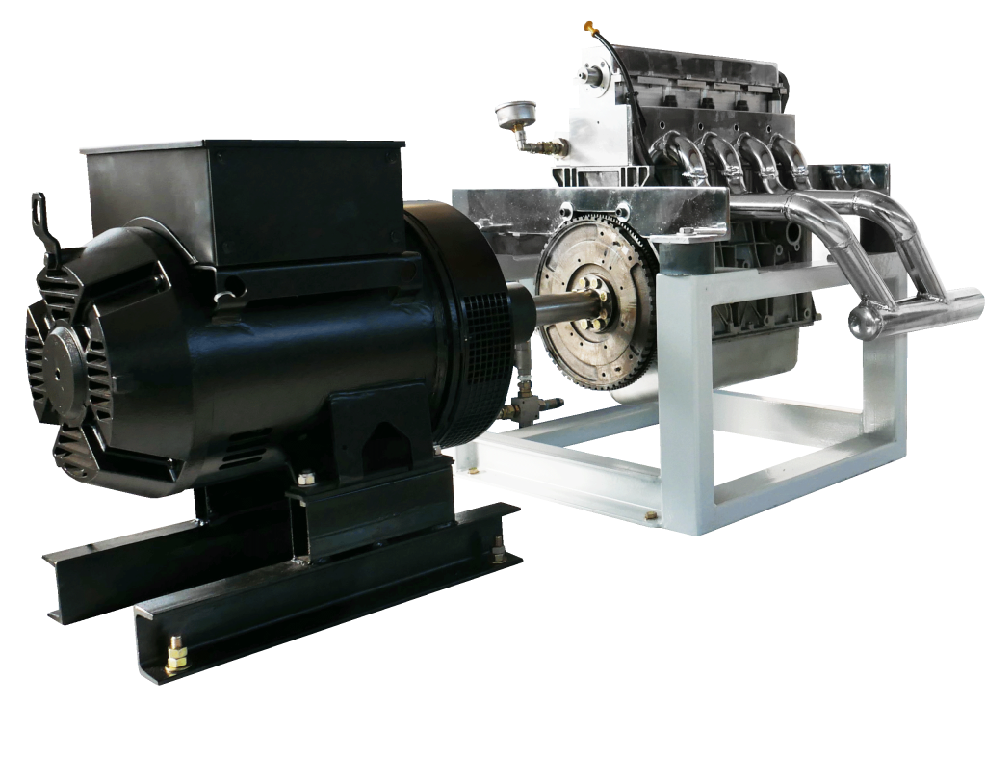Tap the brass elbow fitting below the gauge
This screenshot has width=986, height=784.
pyautogui.click(x=527, y=144)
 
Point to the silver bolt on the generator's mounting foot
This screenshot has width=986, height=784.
pyautogui.click(x=305, y=477)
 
